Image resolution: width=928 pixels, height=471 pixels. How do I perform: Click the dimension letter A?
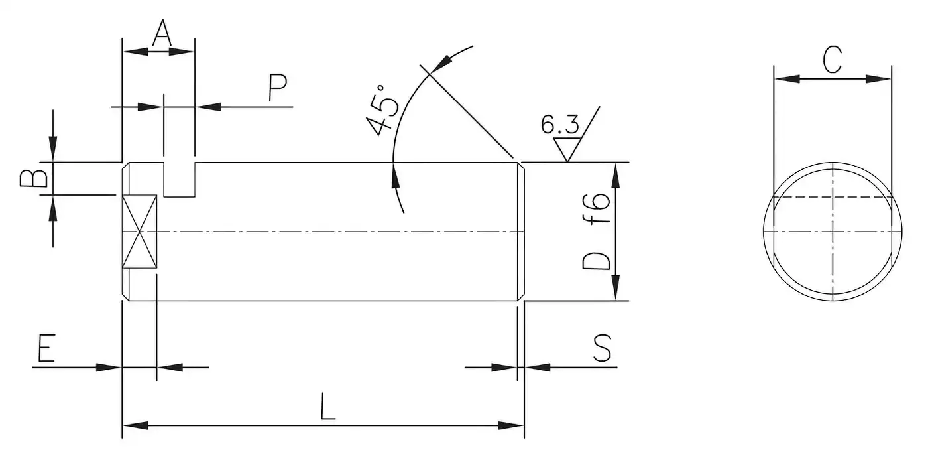point(162,33)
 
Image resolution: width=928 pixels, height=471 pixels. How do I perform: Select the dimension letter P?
point(278,88)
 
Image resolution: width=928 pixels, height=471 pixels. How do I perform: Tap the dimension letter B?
point(34,178)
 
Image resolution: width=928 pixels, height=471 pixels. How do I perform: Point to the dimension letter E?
point(46,348)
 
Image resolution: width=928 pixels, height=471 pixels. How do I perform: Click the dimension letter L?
point(328,406)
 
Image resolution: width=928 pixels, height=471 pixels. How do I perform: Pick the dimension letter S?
point(602,348)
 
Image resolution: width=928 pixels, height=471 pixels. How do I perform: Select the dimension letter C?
point(833,59)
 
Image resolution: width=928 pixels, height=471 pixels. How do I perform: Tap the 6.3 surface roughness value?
point(559,125)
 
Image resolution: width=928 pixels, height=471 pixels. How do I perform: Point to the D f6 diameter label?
point(596,232)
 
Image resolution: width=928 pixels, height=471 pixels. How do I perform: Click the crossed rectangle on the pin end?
point(140,232)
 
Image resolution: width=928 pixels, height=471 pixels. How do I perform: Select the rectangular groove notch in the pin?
point(180,180)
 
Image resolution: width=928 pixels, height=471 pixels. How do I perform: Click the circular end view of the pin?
point(833,232)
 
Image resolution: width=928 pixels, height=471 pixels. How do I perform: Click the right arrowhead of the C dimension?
point(878,79)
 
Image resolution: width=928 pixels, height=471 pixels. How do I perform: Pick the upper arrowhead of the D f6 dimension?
point(616,176)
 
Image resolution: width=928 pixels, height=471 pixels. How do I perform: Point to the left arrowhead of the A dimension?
point(136,52)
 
